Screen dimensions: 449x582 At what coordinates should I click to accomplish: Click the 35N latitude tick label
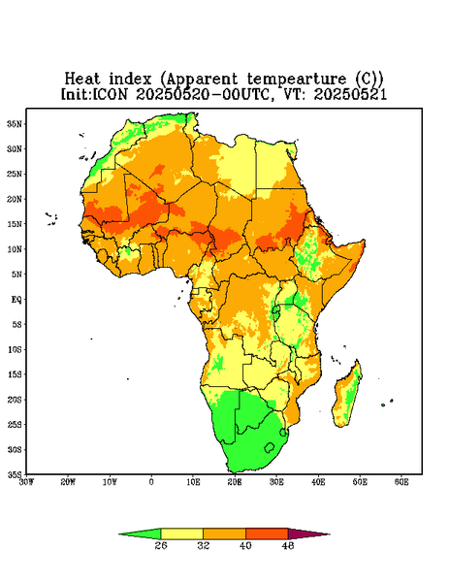tap(15, 124)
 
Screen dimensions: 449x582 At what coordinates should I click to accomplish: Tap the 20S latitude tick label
tap(15, 400)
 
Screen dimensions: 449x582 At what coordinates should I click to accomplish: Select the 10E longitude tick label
tap(193, 482)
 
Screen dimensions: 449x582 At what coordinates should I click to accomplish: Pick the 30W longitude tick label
tap(27, 482)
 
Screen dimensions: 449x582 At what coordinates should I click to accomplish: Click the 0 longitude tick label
tap(151, 482)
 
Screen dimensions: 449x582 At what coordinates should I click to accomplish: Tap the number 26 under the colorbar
tap(161, 545)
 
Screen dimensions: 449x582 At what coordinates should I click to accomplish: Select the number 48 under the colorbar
tap(288, 545)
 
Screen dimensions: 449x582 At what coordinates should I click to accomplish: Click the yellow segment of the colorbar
tap(181, 533)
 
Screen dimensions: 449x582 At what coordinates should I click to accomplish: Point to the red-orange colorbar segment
tap(267, 533)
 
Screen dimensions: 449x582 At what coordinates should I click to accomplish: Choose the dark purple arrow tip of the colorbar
tap(308, 533)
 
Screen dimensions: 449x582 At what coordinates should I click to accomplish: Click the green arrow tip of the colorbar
tap(140, 533)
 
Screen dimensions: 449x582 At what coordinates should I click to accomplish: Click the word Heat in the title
tap(82, 80)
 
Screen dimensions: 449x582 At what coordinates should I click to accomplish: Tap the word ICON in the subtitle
tap(111, 94)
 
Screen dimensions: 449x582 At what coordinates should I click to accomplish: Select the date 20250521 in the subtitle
tap(350, 94)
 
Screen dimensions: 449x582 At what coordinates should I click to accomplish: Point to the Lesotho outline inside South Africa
tap(270, 447)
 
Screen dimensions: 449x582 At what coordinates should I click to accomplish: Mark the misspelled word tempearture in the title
tap(297, 80)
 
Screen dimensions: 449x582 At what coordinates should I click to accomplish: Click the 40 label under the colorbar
tap(245, 545)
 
